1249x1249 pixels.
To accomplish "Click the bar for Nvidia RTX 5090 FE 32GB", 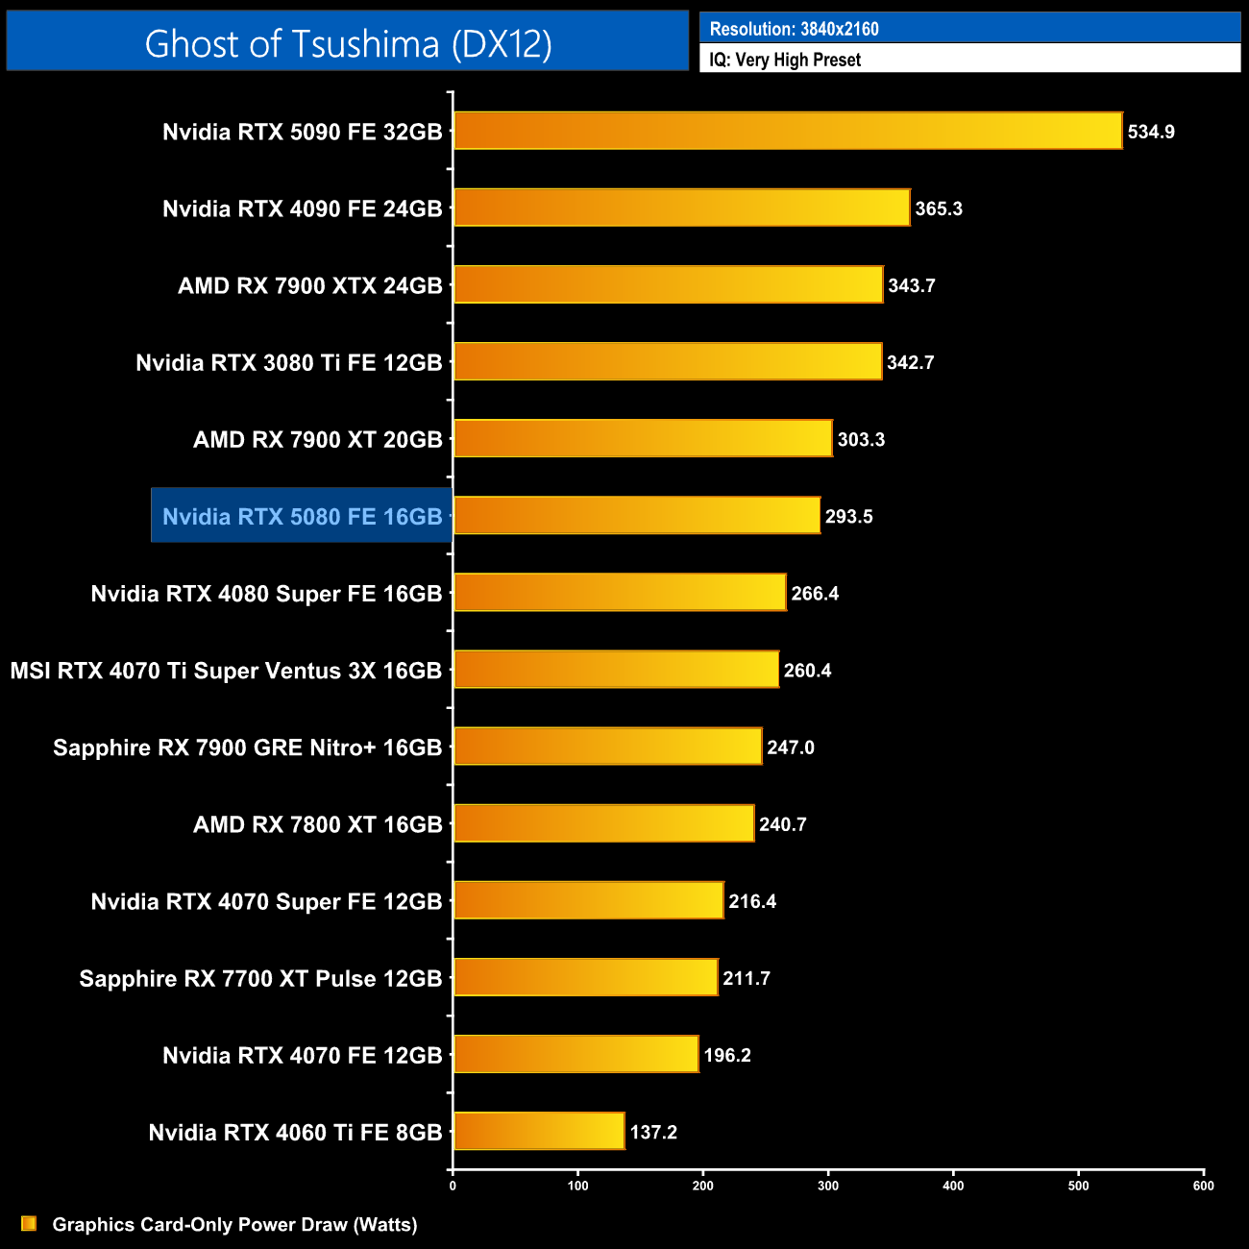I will (x=788, y=131).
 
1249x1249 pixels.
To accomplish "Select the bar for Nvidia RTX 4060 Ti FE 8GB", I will (x=539, y=1131).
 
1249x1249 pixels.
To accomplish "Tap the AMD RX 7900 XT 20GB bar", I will (x=643, y=438).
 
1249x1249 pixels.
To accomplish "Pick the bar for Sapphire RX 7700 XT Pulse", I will (x=586, y=977).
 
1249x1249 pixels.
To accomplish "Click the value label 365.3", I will (x=939, y=208).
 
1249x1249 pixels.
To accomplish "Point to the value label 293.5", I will (x=848, y=516).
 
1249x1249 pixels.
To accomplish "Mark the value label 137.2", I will (x=653, y=1132).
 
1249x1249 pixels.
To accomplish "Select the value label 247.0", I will (x=790, y=747).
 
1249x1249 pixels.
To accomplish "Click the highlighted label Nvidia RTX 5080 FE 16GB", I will (x=302, y=516).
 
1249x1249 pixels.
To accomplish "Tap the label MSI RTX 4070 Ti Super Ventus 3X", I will (x=226, y=670).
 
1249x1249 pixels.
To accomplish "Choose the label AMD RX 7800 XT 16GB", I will (x=317, y=823).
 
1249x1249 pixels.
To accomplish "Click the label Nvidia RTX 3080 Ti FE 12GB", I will (x=288, y=362).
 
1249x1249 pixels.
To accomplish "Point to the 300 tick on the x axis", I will (x=828, y=1186).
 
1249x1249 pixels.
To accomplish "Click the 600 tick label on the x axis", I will (x=1203, y=1186).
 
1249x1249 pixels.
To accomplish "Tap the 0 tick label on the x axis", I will (x=453, y=1186).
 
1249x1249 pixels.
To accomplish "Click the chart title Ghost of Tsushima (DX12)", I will (x=348, y=43).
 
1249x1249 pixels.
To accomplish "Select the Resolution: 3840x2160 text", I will (x=794, y=29).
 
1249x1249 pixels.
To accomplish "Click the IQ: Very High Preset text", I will (x=784, y=60).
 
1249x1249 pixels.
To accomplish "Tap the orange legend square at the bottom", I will (x=29, y=1223).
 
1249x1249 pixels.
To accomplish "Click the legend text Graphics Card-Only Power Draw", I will (x=234, y=1224).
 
